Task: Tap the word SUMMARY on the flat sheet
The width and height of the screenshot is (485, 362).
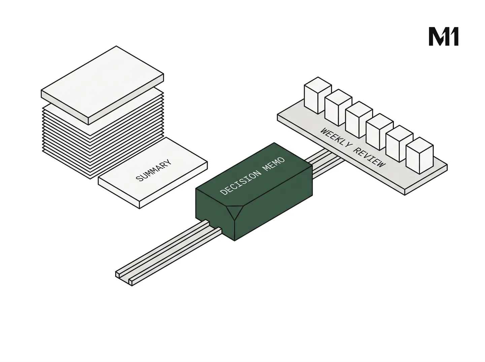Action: click(154, 170)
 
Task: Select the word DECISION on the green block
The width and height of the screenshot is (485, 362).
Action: click(241, 183)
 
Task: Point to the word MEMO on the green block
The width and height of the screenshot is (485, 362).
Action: click(274, 164)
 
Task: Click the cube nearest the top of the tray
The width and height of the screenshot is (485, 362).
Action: click(318, 95)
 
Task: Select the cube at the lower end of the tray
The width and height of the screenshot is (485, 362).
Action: click(420, 156)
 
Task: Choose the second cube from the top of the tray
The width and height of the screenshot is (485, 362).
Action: click(338, 108)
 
